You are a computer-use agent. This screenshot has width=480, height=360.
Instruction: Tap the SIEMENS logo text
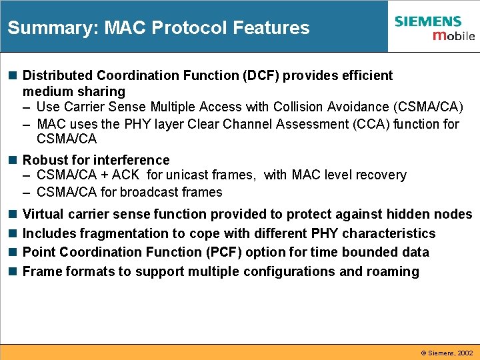pos(427,21)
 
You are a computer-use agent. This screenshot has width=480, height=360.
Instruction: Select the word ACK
pos(125,175)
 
